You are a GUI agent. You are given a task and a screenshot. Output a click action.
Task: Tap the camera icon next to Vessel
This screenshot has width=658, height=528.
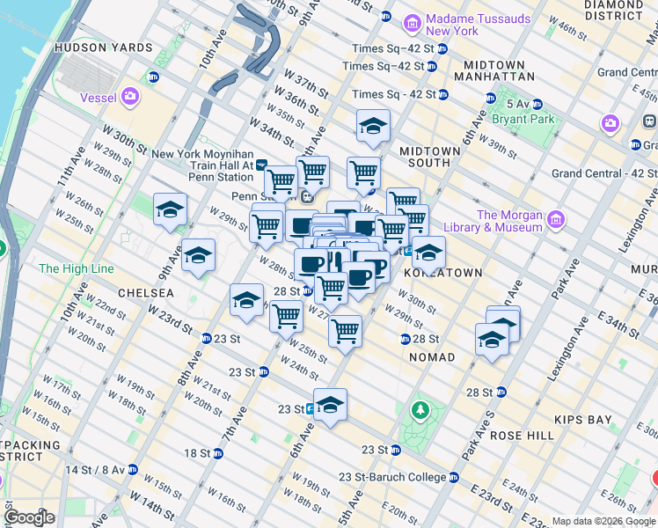click(x=131, y=96)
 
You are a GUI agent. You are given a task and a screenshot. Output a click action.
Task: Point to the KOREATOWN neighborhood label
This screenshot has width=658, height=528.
click(x=442, y=273)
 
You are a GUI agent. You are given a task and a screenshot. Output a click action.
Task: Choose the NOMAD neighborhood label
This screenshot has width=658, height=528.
click(x=432, y=357)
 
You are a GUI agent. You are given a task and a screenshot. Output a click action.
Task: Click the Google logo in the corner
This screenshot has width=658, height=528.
click(x=30, y=517)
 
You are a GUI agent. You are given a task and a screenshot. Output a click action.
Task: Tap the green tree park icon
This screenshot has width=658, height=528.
click(x=421, y=410)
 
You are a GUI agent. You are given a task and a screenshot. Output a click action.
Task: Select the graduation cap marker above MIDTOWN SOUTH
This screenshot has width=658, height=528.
click(x=373, y=128)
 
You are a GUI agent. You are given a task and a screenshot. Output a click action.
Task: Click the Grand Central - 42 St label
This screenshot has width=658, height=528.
click(x=603, y=173)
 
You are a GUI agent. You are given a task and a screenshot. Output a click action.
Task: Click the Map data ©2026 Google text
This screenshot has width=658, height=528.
click(x=603, y=521)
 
